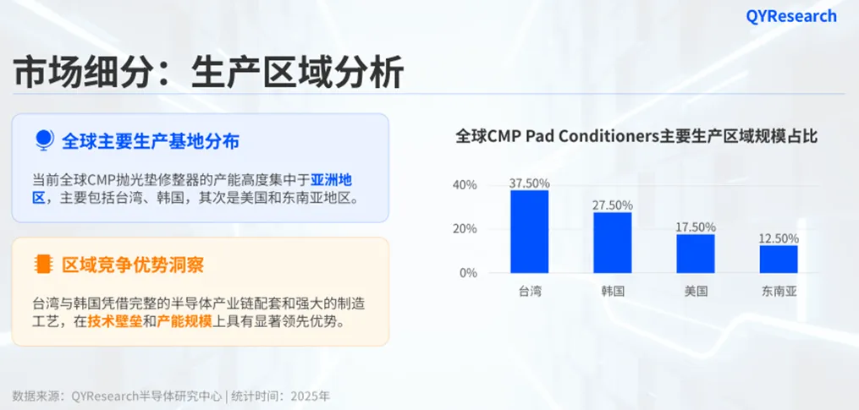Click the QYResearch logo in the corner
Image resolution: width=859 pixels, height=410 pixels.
(790, 16)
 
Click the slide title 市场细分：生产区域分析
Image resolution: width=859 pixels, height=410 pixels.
(208, 73)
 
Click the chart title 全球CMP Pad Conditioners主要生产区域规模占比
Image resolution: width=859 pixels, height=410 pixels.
(636, 136)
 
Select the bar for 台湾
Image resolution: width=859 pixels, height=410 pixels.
(529, 232)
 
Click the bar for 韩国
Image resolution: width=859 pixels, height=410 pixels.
(612, 243)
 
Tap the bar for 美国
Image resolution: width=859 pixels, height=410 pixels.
(696, 254)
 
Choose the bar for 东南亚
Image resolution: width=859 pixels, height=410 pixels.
(779, 259)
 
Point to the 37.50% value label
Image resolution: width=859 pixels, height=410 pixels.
(530, 183)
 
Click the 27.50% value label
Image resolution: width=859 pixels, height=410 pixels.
(613, 205)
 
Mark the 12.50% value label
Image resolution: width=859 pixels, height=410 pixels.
(779, 238)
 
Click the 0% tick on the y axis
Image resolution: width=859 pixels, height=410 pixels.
(469, 273)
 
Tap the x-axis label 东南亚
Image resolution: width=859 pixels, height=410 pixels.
(779, 292)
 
